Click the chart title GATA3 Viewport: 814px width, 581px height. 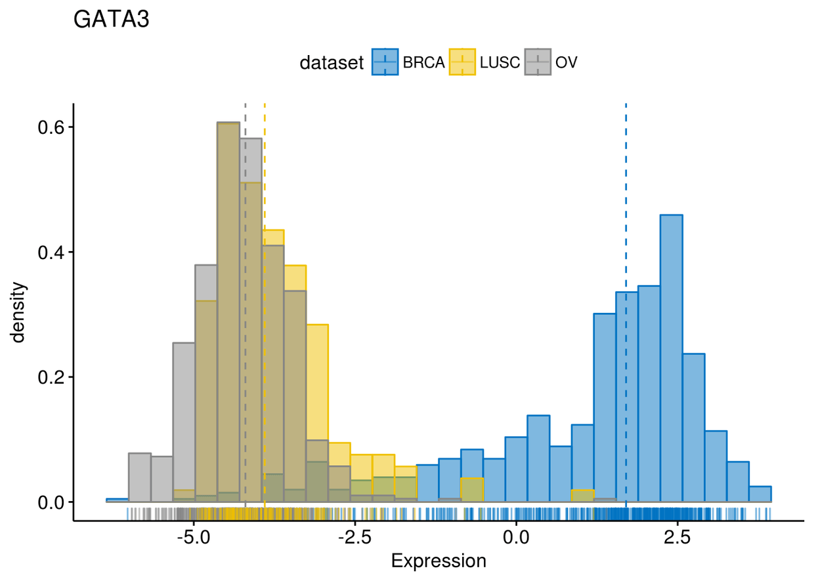(111, 19)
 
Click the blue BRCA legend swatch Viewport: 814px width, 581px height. (385, 62)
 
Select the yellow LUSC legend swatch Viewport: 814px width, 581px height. (462, 62)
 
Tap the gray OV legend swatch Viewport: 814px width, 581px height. (538, 62)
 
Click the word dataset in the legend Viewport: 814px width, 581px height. (332, 63)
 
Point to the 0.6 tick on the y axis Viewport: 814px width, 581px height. (51, 127)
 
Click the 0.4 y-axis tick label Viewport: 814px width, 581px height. (51, 252)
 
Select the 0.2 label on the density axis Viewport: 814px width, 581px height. (51, 378)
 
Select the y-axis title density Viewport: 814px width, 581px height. (18, 312)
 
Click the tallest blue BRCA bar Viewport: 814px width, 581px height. (671, 358)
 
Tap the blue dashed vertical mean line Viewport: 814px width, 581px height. (626, 305)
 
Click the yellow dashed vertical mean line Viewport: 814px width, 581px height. (265, 305)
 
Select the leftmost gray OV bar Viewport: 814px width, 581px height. (140, 477)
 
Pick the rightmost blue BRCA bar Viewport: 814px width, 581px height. (760, 494)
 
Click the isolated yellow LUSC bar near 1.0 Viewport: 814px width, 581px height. (582, 496)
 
